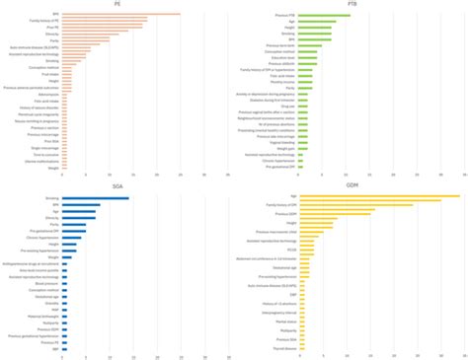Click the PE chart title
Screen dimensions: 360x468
117,4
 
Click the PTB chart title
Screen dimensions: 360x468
351,4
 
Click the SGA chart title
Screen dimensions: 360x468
117,184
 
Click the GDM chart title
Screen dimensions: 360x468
351,184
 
